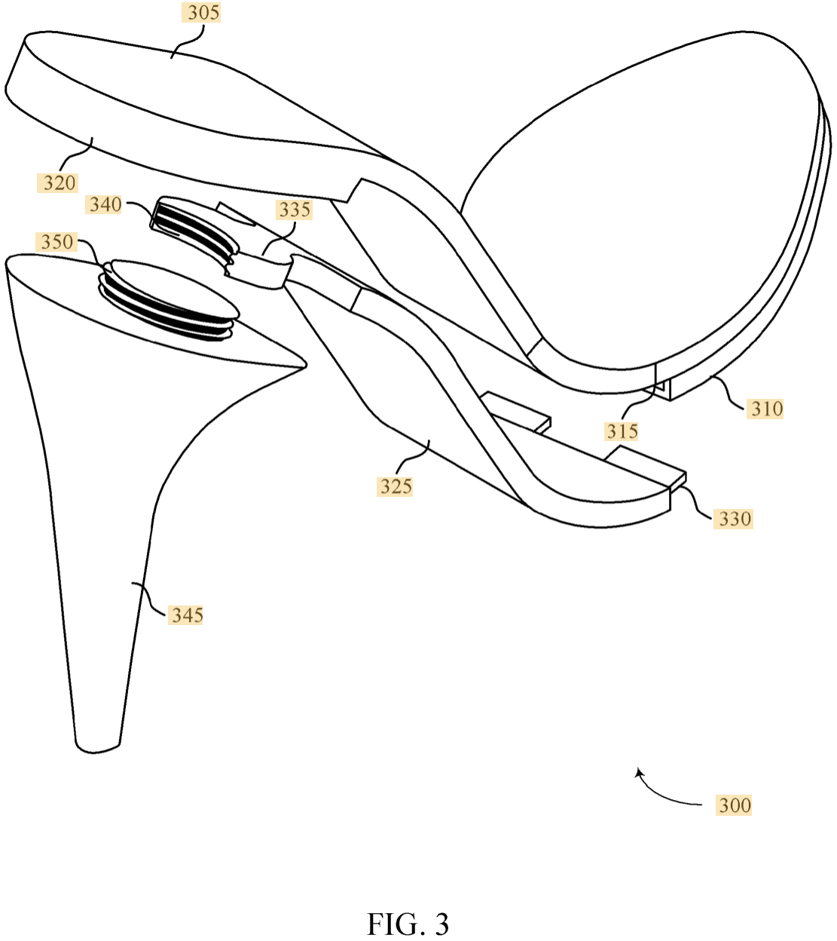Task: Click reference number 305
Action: coord(203,13)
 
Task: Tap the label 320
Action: coord(59,183)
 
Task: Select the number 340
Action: coord(105,204)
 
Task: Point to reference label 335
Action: coord(295,210)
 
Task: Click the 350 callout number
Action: coord(57,242)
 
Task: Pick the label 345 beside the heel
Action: coord(187,615)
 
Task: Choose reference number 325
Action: coord(396,486)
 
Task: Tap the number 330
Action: coord(734,519)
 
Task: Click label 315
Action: coord(622,431)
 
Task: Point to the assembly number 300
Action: coord(734,805)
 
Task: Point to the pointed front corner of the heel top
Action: coord(304,366)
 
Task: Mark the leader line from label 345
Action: coord(148,599)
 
